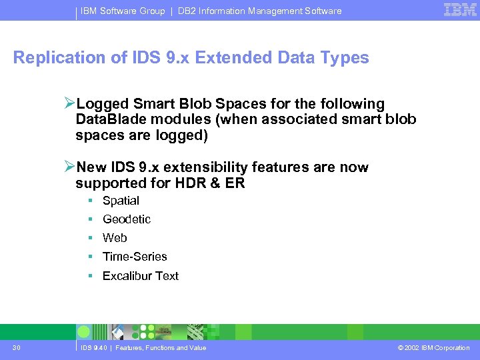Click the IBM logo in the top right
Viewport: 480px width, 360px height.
tap(460, 9)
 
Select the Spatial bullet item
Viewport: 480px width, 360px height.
tap(121, 201)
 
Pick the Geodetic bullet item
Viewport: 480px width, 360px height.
tap(127, 219)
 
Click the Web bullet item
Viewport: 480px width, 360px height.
tap(115, 238)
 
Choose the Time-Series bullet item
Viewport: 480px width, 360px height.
tap(135, 257)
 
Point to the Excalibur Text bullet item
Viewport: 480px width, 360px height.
tap(141, 276)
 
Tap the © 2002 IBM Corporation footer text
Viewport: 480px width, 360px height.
tap(433, 348)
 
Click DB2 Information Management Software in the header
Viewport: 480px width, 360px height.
tap(259, 11)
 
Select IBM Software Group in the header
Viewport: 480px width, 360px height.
tap(123, 11)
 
